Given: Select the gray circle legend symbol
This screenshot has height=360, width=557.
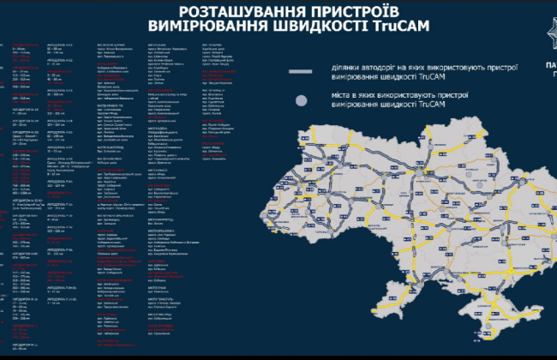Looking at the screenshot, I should coord(301,100).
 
